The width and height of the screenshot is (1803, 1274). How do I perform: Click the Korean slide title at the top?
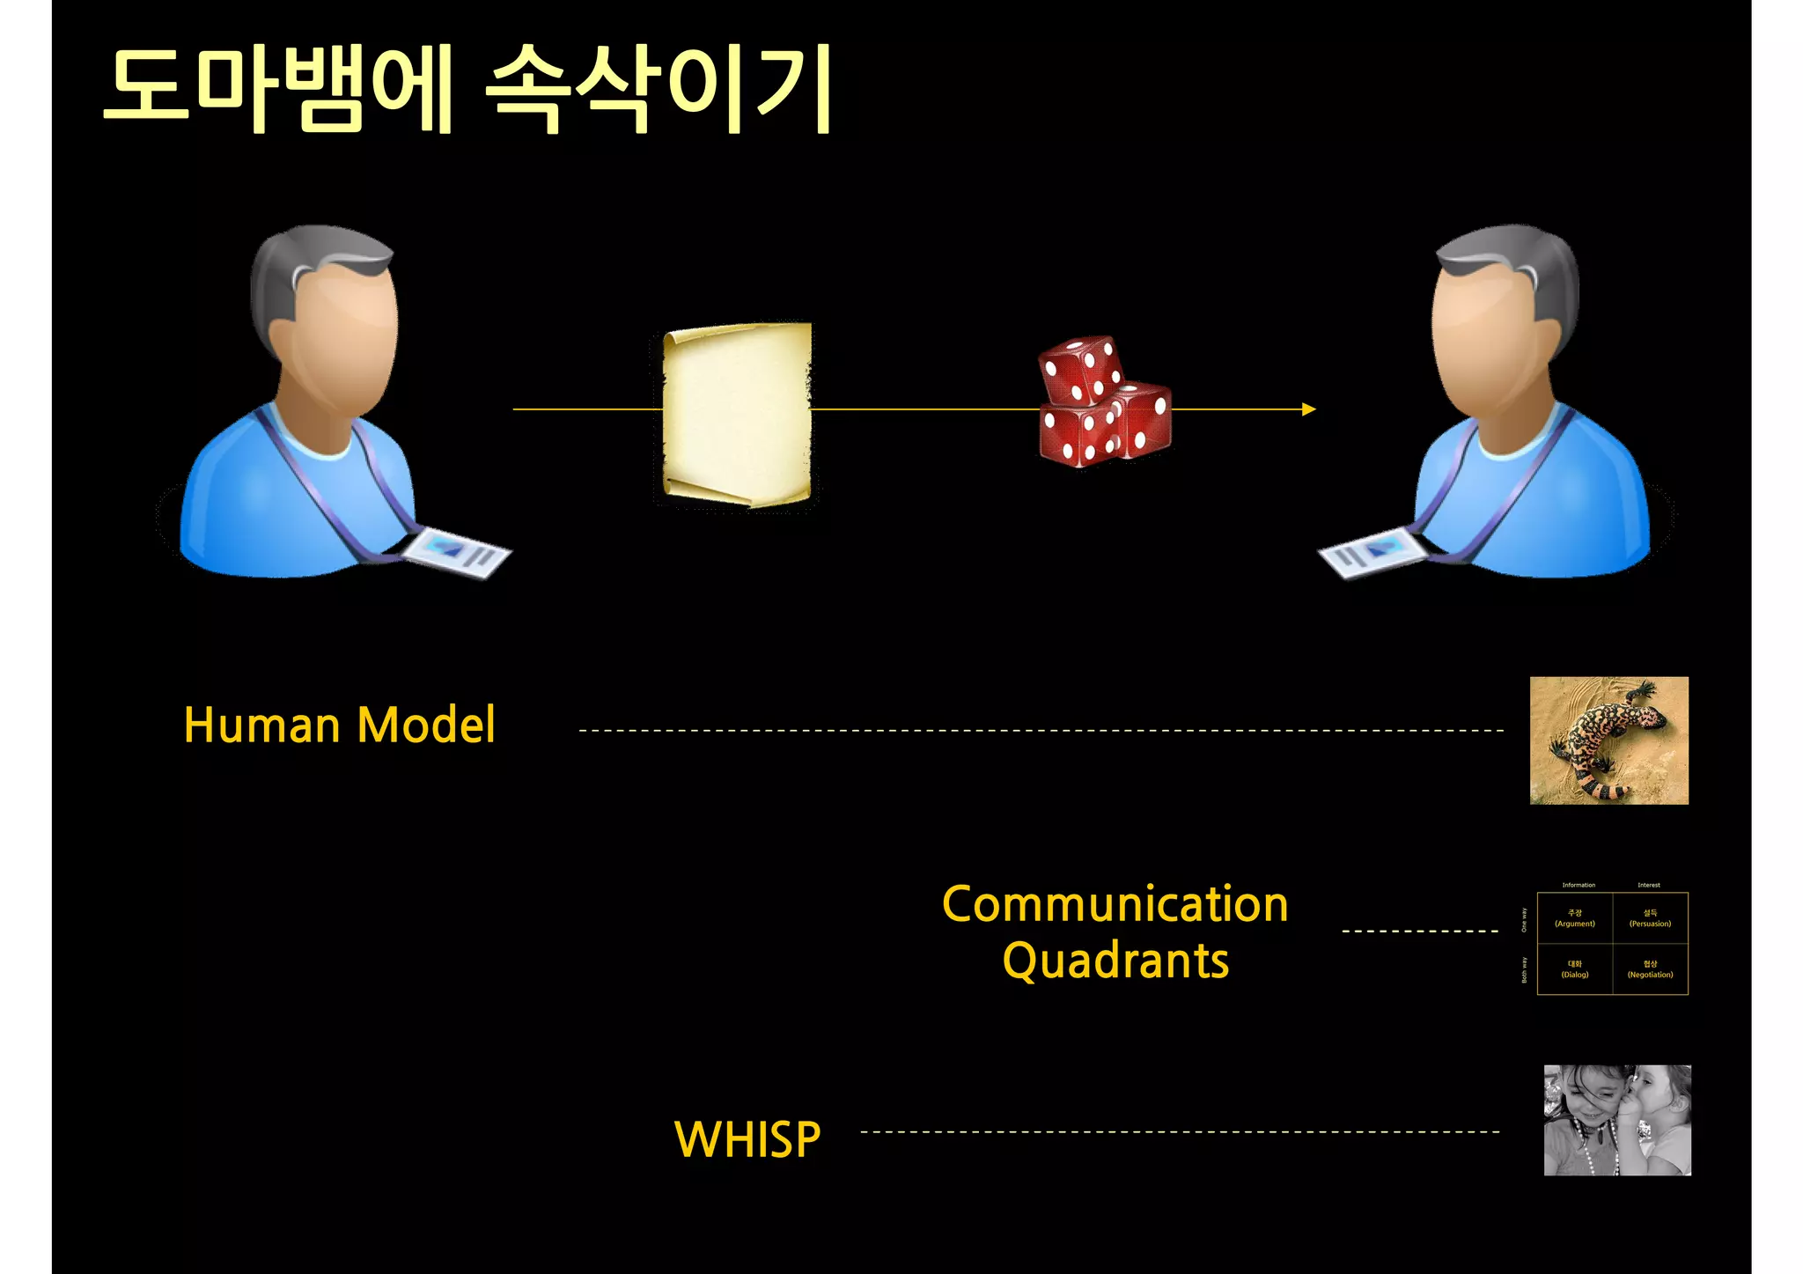coord(467,88)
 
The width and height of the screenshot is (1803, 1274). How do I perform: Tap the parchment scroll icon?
coord(737,414)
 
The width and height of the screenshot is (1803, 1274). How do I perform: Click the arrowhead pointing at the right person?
coord(1309,409)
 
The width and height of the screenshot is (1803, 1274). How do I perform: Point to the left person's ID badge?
coord(456,552)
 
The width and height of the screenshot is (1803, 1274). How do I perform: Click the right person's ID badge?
coord(1372,552)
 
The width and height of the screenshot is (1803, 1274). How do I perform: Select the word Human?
coord(261,725)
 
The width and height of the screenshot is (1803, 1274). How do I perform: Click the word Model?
coord(426,725)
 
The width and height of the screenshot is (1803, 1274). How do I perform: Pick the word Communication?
coord(1115,904)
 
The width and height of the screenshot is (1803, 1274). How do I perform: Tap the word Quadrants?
coord(1115,961)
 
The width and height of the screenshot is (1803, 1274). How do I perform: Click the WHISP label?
coord(747,1139)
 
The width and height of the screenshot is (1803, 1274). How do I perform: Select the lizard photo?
coord(1608,740)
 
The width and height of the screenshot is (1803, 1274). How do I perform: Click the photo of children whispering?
coord(1616,1120)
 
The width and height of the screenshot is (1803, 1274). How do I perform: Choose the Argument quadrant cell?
coord(1574,918)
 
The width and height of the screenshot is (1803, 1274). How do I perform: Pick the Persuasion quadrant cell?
coord(1650,918)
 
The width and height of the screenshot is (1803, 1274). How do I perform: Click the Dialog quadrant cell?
coord(1574,969)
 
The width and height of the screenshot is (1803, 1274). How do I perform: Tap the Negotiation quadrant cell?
coord(1650,969)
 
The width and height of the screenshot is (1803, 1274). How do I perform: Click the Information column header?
coord(1579,885)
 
